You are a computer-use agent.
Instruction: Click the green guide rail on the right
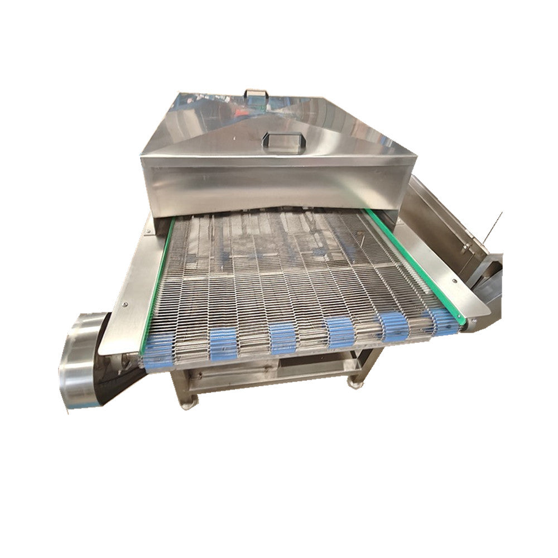[416, 262]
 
